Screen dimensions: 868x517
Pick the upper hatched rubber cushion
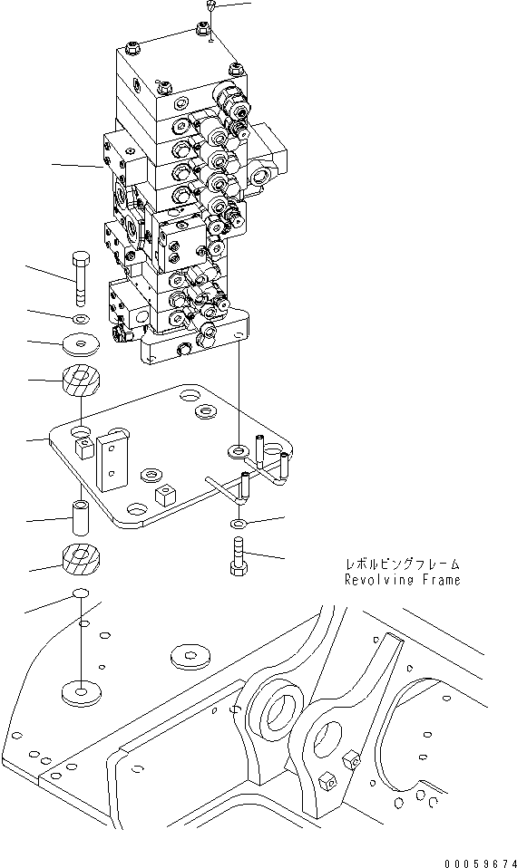click(x=81, y=380)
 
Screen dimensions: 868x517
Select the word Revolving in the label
click(x=377, y=580)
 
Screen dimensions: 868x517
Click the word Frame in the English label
click(x=439, y=580)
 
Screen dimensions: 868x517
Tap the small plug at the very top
click(x=210, y=7)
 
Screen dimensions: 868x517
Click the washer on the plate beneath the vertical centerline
click(x=238, y=449)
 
